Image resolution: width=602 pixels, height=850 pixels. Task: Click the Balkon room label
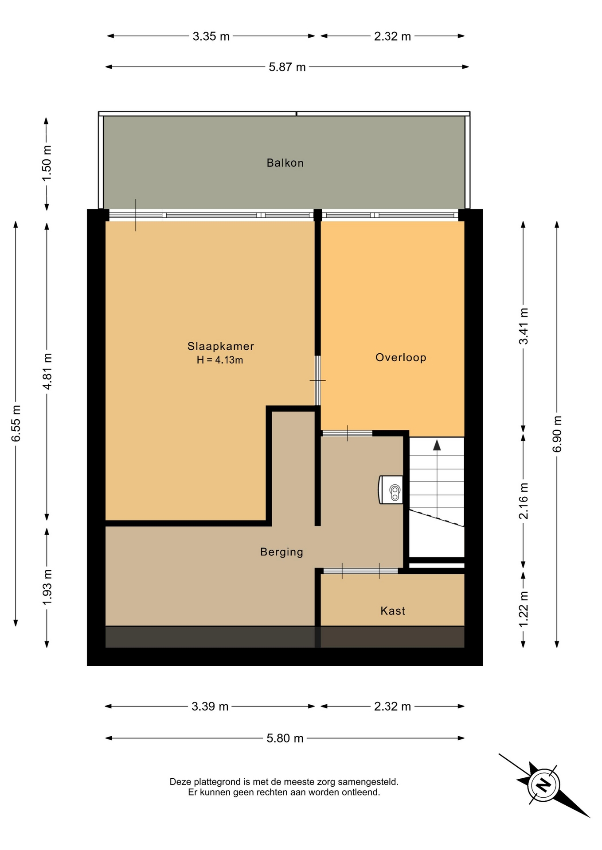point(285,163)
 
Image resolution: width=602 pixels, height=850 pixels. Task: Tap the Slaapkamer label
point(221,346)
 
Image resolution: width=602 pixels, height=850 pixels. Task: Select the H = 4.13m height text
point(220,360)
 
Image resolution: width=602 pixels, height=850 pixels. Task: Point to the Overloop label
point(401,357)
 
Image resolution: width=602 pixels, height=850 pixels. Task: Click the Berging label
point(281,552)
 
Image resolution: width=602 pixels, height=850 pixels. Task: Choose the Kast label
point(393,611)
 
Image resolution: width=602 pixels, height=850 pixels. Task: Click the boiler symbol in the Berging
point(391,490)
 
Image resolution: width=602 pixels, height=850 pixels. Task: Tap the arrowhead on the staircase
point(437,445)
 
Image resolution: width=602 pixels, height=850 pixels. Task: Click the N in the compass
point(543,785)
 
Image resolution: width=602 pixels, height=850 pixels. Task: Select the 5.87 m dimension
point(287,67)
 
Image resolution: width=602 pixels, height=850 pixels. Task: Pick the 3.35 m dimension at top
point(211,36)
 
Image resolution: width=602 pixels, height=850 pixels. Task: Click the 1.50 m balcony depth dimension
point(47,163)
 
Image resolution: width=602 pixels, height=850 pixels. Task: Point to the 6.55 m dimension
point(16,423)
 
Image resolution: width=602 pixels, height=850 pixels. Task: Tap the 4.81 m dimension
point(47,371)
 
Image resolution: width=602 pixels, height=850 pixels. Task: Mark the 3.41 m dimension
point(524,326)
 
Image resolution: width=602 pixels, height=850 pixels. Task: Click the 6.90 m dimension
point(557,434)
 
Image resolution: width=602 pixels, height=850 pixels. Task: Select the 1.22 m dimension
point(524,609)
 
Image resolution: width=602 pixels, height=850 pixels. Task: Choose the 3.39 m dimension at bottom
point(210,706)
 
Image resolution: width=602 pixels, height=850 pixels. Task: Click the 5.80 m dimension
point(285,738)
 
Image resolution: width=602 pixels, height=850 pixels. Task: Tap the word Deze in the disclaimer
point(180,782)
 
